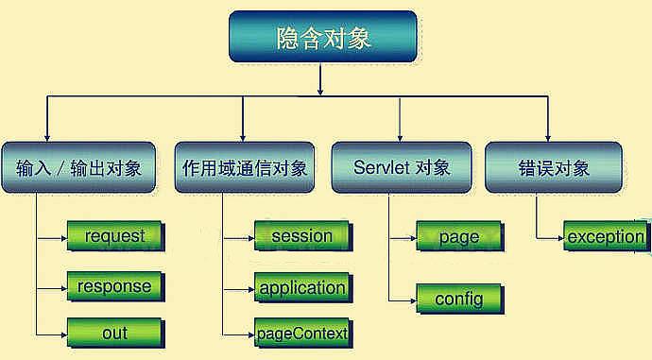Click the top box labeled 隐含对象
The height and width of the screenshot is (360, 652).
(x=322, y=37)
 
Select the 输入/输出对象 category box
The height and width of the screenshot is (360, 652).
(x=78, y=167)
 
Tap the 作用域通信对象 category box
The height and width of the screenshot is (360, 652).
(x=245, y=167)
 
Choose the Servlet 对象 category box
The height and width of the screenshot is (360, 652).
(x=402, y=167)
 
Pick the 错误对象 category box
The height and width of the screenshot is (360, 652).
(x=554, y=167)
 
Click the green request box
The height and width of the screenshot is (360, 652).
(x=115, y=236)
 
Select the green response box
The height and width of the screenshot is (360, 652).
(x=115, y=286)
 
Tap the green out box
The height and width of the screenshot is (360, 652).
(x=115, y=333)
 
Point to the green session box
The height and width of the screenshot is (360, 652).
(x=303, y=236)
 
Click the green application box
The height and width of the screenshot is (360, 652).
(x=303, y=287)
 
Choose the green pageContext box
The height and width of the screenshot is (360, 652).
(x=303, y=334)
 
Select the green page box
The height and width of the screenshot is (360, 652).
(x=460, y=236)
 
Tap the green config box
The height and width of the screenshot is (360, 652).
(x=460, y=299)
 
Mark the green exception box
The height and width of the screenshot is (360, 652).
(x=607, y=236)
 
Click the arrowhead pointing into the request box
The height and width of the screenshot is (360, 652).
(x=64, y=239)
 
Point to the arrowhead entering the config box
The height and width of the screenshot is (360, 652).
(x=413, y=300)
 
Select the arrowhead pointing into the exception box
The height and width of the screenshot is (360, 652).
(x=560, y=239)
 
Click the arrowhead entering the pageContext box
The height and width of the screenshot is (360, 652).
(x=251, y=334)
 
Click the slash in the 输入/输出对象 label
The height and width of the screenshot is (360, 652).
(x=61, y=168)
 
